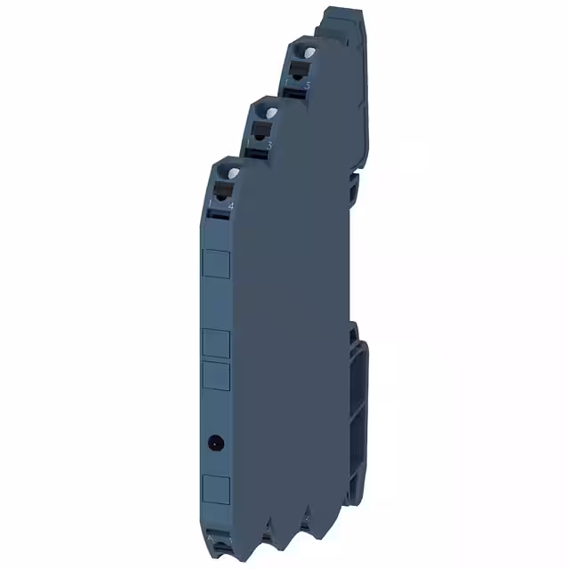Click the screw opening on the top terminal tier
303,54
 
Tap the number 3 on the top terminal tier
308,84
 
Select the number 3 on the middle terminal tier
268,143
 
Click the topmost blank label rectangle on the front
217,265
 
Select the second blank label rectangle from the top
217,343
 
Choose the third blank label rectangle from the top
217,376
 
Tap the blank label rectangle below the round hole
217,488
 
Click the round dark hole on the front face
215,441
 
